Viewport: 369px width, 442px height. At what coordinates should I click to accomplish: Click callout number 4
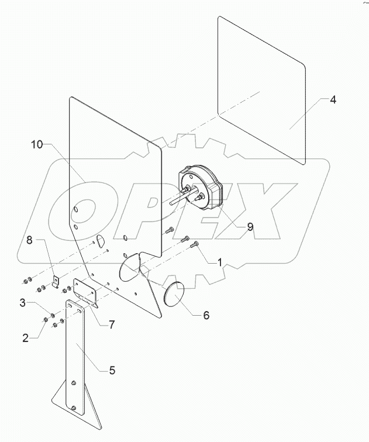[332, 99]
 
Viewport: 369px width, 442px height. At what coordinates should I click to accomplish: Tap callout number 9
[250, 227]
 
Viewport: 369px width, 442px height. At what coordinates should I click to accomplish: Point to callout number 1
[220, 263]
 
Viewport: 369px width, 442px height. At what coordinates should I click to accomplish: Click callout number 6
[206, 315]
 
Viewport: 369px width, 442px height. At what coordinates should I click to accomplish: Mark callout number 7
[111, 324]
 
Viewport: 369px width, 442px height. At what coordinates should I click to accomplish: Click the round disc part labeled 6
[174, 295]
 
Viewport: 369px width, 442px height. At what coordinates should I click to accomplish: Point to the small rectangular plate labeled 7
[85, 291]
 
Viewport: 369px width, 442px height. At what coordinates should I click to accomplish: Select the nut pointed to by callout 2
[46, 320]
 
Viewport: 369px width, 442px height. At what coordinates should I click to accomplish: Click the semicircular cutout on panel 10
[99, 240]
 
